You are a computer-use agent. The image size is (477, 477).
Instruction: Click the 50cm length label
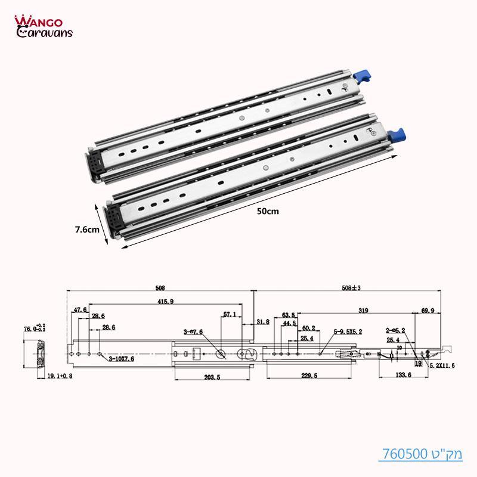click(x=267, y=210)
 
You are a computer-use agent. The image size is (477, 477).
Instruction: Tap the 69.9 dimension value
click(x=428, y=311)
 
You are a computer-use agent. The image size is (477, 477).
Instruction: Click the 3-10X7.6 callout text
click(x=122, y=360)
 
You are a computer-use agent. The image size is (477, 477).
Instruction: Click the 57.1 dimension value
click(x=230, y=314)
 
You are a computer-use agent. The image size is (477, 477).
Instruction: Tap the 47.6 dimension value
click(x=80, y=310)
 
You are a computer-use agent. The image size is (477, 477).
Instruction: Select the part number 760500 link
click(x=420, y=454)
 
